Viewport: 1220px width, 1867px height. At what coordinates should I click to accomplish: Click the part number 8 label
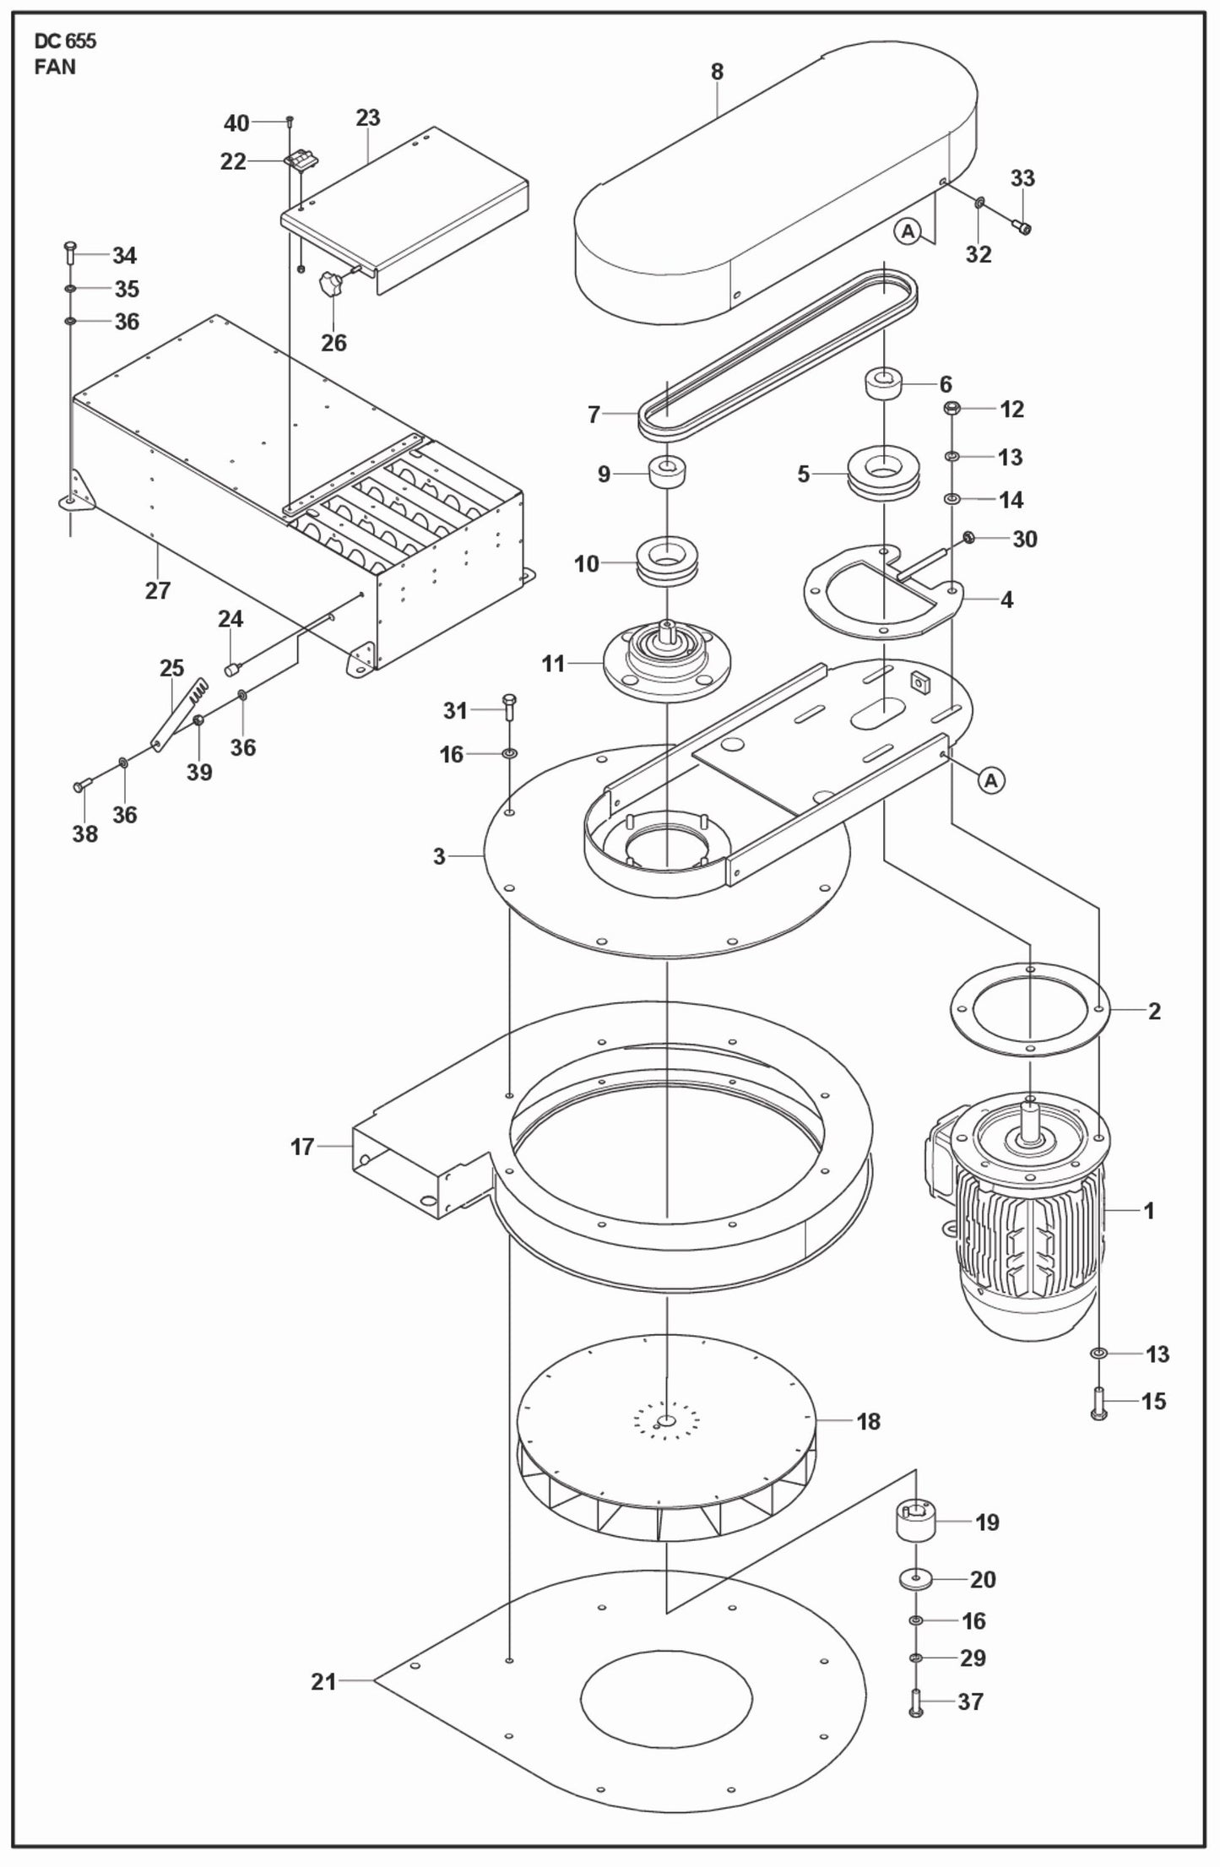coord(717,72)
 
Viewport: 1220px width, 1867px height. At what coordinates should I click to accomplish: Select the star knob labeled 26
coord(330,285)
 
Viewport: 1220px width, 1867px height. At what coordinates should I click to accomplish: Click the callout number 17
coord(302,1147)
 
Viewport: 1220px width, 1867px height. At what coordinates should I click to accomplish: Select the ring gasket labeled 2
coord(1029,1009)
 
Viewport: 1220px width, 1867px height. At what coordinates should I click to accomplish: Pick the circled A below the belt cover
coord(908,231)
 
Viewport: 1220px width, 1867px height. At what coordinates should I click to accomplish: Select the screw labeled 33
coord(1022,226)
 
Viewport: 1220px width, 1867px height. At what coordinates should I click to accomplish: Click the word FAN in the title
coord(55,68)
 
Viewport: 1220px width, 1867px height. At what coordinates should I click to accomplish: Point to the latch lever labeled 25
coord(180,714)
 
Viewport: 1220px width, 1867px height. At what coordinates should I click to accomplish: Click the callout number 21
coord(323,1681)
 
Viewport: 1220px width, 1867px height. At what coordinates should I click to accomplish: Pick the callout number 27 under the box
coord(158,590)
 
